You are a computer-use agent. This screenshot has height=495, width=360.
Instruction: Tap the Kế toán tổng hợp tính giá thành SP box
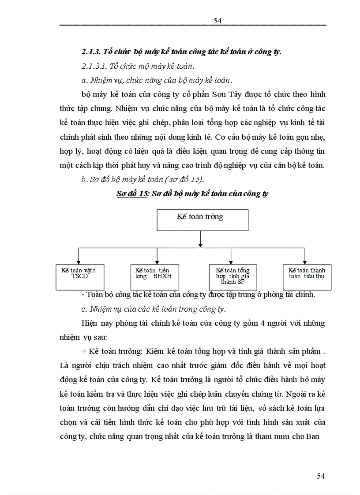[232, 276]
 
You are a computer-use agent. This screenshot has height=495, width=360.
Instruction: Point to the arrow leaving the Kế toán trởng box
[201, 238]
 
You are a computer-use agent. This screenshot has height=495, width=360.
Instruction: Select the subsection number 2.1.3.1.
[94, 66]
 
